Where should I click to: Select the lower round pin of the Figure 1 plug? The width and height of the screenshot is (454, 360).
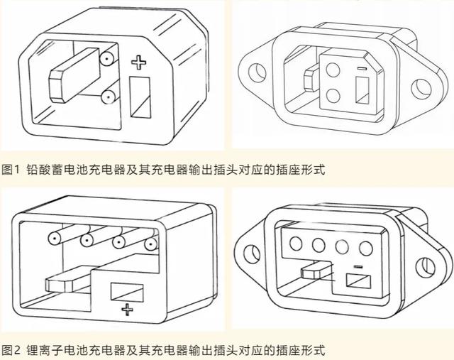click(108, 95)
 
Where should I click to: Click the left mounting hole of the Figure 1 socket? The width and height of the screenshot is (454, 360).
click(257, 71)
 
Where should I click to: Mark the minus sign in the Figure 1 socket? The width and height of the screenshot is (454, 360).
click(361, 69)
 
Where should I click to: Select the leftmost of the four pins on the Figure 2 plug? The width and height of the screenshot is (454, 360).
click(52, 238)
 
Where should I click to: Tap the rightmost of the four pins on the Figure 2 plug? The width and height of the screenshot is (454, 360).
click(150, 246)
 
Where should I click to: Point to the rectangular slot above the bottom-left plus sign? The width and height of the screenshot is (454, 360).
click(127, 291)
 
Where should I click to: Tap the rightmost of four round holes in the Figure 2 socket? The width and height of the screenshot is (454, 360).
click(366, 250)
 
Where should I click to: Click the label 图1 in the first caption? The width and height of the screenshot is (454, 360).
click(11, 170)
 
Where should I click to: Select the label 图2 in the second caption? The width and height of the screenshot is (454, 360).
click(11, 350)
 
